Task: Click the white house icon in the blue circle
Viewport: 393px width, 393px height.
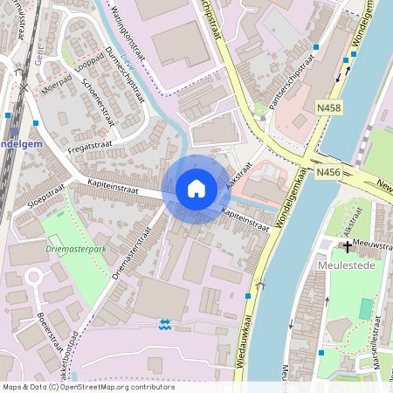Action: click(x=196, y=188)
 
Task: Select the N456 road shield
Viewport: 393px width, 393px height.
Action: click(x=327, y=172)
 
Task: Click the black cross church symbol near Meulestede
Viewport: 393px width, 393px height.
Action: click(x=347, y=247)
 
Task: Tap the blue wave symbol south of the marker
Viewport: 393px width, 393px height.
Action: click(x=166, y=324)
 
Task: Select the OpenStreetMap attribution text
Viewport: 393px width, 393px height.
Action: click(x=87, y=386)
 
